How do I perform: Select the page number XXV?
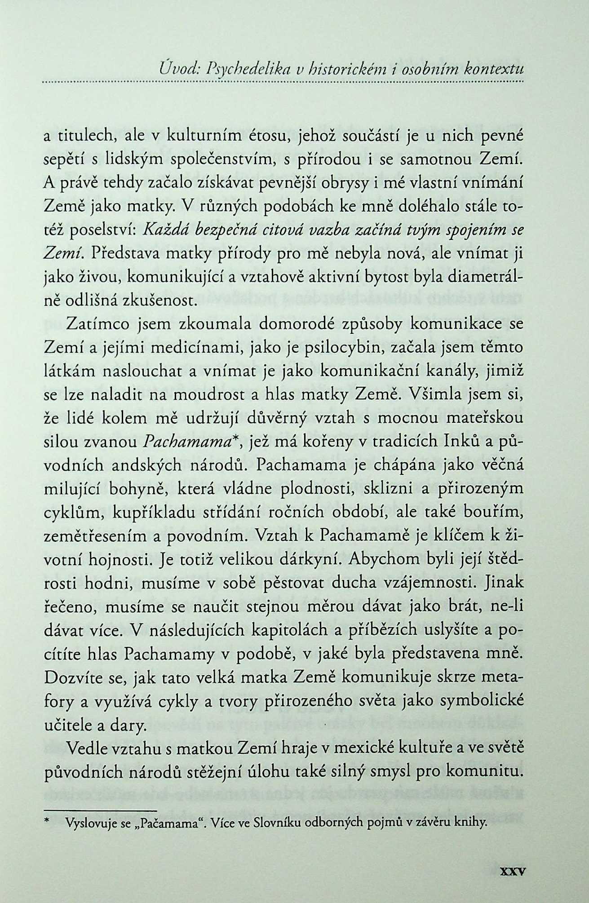coord(512,869)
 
